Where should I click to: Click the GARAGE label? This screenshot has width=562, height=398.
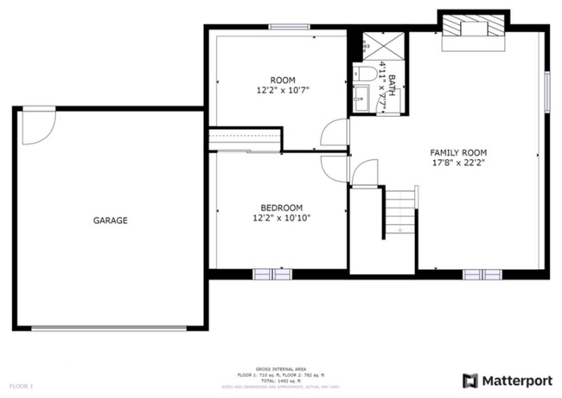(x=110, y=221)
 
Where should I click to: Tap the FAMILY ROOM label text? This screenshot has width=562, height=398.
(x=456, y=152)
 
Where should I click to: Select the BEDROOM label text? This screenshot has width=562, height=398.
(x=282, y=208)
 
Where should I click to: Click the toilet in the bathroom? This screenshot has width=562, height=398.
(x=364, y=71)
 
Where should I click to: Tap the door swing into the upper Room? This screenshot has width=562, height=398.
(x=334, y=132)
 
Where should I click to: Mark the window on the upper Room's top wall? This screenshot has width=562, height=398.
(x=290, y=28)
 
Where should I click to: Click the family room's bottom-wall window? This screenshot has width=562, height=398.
(x=482, y=274)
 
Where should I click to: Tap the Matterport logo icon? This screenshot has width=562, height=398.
(x=470, y=380)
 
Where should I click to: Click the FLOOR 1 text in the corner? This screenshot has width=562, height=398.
(x=22, y=385)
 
